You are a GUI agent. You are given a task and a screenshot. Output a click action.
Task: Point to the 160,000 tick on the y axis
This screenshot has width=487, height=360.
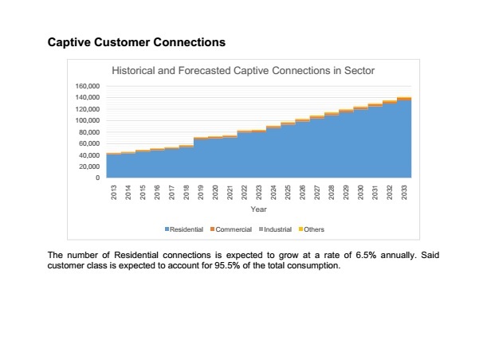click(x=88, y=86)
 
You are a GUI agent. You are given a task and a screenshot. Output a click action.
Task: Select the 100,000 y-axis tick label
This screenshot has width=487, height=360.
click(x=88, y=120)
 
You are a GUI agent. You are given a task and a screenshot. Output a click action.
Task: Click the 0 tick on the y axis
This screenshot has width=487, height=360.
click(x=96, y=178)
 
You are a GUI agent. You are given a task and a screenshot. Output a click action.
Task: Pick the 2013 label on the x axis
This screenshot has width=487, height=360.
click(x=114, y=194)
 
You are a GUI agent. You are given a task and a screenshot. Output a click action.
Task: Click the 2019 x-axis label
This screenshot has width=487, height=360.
click(x=201, y=194)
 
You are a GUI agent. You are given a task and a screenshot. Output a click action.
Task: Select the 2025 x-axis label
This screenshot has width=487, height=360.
click(x=289, y=194)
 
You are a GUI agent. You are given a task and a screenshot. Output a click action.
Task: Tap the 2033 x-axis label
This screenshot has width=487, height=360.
click(x=404, y=194)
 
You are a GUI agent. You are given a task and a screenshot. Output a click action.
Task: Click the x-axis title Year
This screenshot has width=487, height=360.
click(x=258, y=209)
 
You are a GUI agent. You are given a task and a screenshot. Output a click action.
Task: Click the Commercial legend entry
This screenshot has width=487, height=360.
click(x=231, y=229)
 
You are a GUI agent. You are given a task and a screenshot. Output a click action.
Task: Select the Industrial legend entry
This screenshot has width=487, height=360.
click(x=274, y=229)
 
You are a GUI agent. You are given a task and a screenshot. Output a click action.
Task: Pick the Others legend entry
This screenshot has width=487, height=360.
click(x=312, y=229)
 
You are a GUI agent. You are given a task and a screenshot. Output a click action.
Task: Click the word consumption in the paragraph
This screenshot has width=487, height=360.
click(x=316, y=265)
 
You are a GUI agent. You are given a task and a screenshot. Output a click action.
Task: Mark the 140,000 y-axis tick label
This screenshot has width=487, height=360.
click(x=88, y=97)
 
